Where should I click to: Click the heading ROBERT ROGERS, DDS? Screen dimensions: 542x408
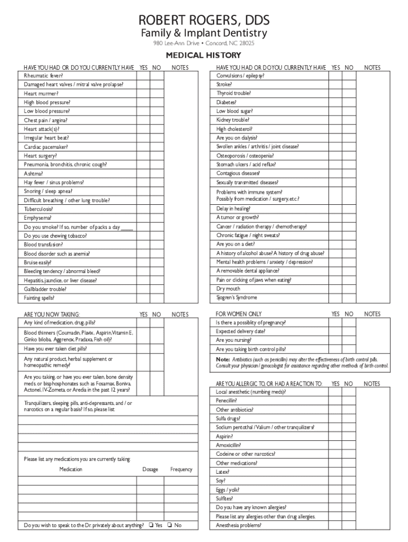pos(204,21)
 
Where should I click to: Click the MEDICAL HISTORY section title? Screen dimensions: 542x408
pos(204,55)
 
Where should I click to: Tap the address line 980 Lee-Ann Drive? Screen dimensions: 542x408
pos(204,43)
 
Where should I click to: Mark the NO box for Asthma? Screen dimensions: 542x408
pos(156,174)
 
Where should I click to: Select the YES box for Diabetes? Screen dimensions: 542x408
pos(335,102)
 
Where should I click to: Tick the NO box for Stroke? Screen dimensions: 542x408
pos(349,84)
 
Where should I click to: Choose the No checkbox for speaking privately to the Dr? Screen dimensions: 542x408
pos(169,525)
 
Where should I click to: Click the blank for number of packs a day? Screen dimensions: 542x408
pos(127,227)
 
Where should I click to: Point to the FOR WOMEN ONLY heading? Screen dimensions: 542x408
pos(238,314)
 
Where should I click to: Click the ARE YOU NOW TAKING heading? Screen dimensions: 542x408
pos(52,314)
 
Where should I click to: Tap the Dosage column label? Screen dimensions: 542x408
pos(150,469)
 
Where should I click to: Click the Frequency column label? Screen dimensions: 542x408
pos(181,469)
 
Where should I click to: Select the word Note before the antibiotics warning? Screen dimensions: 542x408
pos(223,359)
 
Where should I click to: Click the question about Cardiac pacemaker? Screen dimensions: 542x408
pos(46,147)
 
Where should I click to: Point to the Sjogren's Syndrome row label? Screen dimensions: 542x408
pos(236,297)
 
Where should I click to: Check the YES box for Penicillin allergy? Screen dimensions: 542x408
pos(335,401)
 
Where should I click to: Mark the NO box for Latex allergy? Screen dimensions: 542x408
pos(349,472)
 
